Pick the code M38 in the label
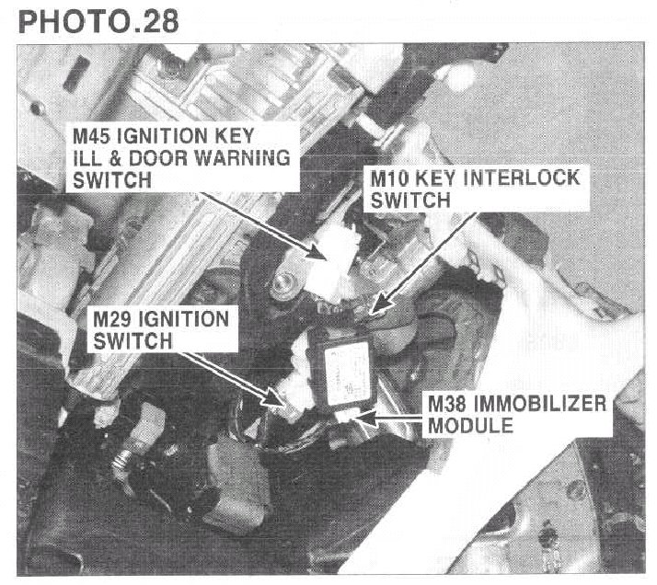click(447, 404)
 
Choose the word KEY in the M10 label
click(439, 178)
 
